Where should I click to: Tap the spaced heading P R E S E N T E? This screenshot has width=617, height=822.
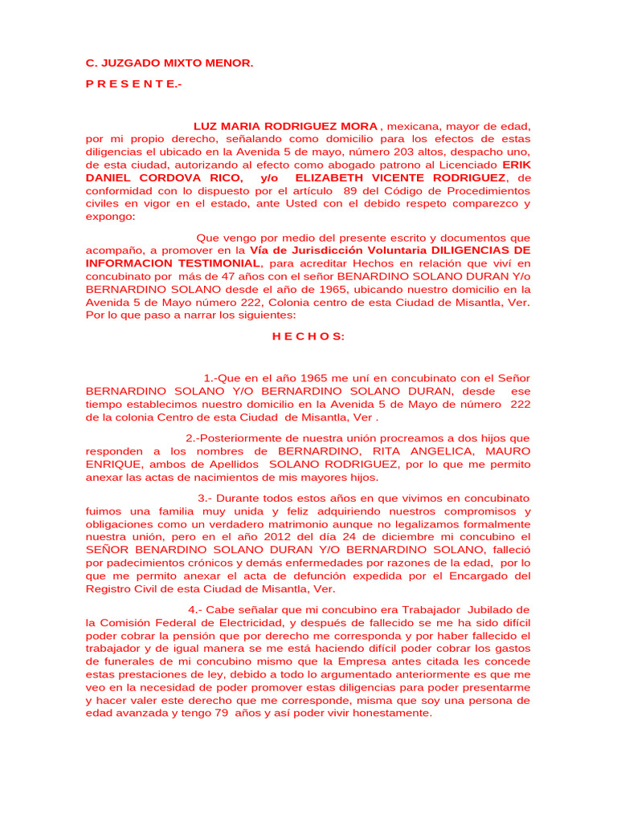tap(133, 84)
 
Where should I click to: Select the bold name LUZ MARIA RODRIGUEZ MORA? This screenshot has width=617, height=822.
tap(286, 127)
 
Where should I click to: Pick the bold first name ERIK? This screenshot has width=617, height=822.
tap(517, 165)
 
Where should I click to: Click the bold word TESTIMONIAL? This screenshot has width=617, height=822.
tap(218, 263)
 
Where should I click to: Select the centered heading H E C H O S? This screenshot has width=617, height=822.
tap(308, 336)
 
